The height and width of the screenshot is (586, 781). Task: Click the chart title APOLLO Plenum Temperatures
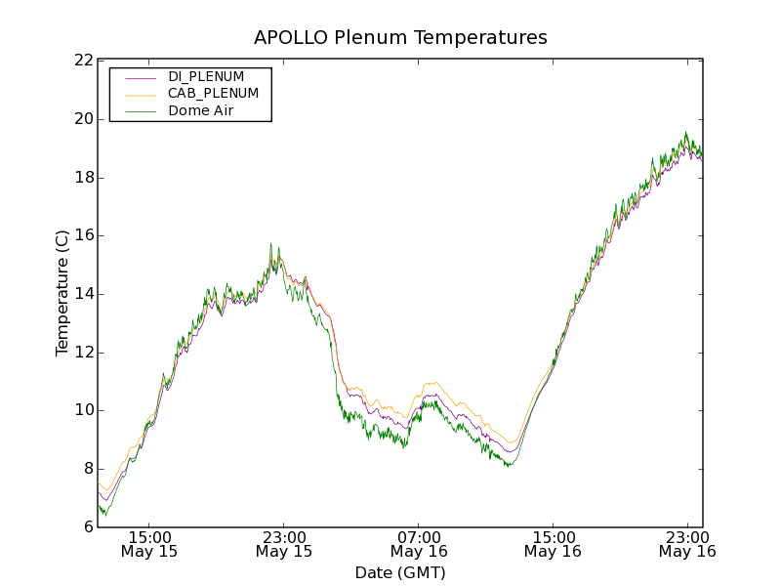(x=400, y=38)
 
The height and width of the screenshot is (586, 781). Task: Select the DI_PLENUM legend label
(x=206, y=76)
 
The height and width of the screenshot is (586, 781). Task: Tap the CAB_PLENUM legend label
(x=213, y=94)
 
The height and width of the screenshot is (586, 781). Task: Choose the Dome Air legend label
(x=201, y=111)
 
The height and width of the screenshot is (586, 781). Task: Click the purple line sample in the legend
(x=142, y=77)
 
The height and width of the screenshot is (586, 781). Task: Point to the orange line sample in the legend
(x=142, y=95)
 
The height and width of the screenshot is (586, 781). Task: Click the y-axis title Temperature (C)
(x=62, y=293)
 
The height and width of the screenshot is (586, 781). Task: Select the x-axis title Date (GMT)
(x=400, y=572)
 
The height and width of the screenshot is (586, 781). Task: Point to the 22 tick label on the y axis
(x=84, y=61)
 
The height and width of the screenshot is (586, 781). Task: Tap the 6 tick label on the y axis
(x=88, y=527)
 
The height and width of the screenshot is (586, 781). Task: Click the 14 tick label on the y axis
(x=84, y=294)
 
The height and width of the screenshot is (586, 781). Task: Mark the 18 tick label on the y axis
(x=84, y=178)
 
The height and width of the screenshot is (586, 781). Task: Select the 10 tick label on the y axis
(x=84, y=410)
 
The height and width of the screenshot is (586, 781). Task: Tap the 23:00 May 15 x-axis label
(x=284, y=544)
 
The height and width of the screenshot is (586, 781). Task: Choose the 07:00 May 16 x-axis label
(x=419, y=544)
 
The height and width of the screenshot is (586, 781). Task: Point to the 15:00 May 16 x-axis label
(x=553, y=544)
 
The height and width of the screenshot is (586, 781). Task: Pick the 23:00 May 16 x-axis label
(x=687, y=544)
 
